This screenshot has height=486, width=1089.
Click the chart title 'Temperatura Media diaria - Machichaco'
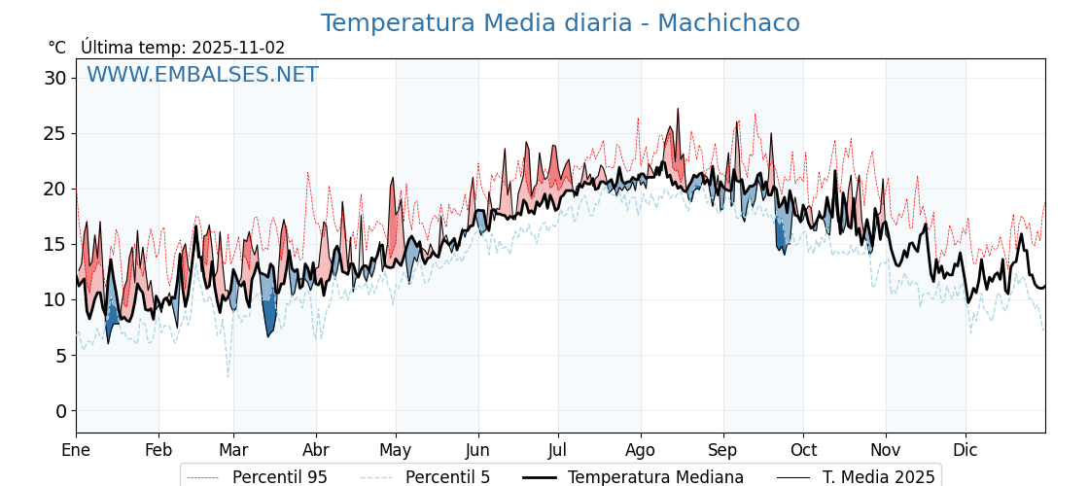(x=560, y=23)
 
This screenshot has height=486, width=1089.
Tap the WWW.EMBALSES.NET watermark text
(x=202, y=75)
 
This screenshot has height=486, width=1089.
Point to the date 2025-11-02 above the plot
(x=238, y=48)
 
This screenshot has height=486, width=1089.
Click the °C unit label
(x=56, y=48)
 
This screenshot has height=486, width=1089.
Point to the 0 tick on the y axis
(x=60, y=411)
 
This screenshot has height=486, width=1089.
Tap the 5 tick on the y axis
(x=60, y=356)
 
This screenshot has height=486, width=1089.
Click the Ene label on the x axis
(x=76, y=450)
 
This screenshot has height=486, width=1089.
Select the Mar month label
(x=233, y=450)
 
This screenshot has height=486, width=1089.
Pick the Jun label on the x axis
(x=477, y=450)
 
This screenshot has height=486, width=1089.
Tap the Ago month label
(x=641, y=450)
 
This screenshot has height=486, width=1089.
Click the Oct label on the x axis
(x=803, y=450)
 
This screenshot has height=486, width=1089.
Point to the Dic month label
(x=966, y=450)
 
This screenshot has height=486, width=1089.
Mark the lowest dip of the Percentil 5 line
(x=228, y=377)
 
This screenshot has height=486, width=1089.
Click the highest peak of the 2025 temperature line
(x=678, y=109)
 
